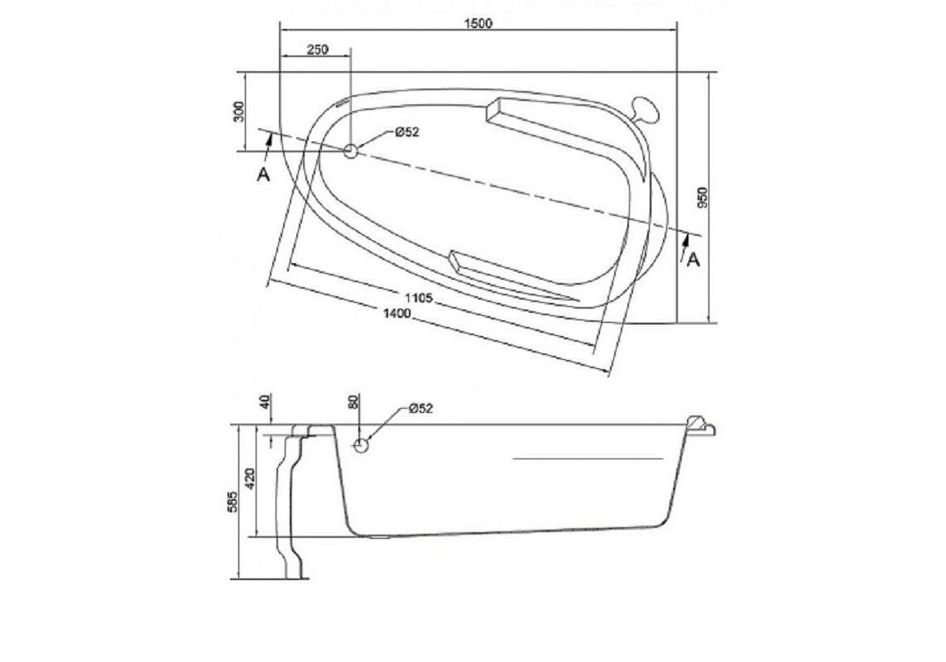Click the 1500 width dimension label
[x=478, y=23]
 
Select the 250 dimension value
[x=317, y=50]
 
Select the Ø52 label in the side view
[x=420, y=408]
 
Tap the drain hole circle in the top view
[x=350, y=151]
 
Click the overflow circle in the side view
[x=361, y=445]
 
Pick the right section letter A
[x=694, y=259]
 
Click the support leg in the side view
[x=292, y=505]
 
